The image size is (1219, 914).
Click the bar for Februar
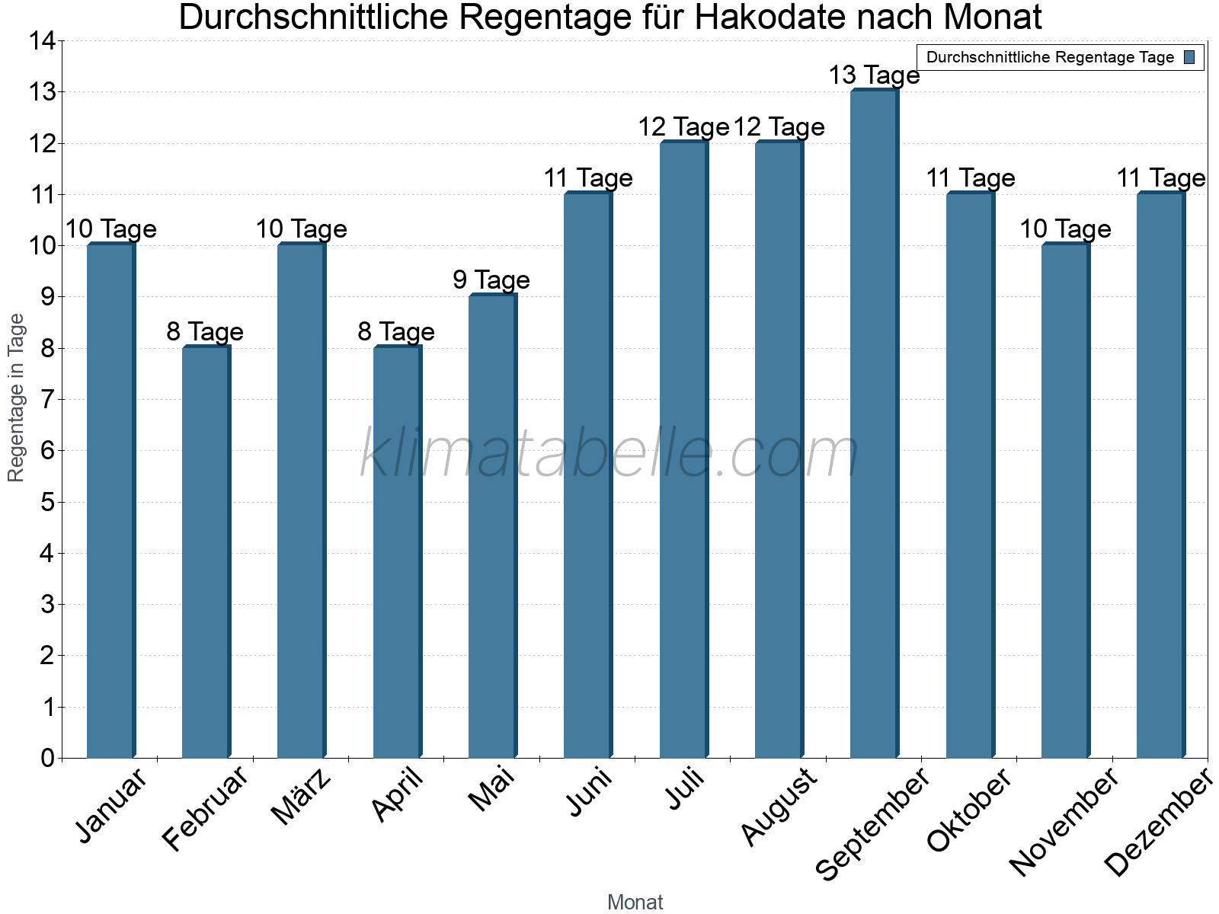point(206,551)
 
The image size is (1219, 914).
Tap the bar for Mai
point(492,526)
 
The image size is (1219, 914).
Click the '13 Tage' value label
point(874,75)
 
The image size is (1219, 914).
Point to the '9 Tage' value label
point(491,280)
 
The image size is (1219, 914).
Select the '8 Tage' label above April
point(396,331)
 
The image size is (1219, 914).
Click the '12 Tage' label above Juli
point(683,127)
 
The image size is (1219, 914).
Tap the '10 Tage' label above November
point(1065,229)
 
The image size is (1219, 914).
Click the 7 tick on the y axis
point(48,399)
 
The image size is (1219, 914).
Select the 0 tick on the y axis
point(48,758)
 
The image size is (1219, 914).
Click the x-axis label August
point(779,807)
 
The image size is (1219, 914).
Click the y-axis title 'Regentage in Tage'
point(17,398)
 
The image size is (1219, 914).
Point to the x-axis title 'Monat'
point(635,902)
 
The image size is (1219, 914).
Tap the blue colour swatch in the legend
point(1189,57)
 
